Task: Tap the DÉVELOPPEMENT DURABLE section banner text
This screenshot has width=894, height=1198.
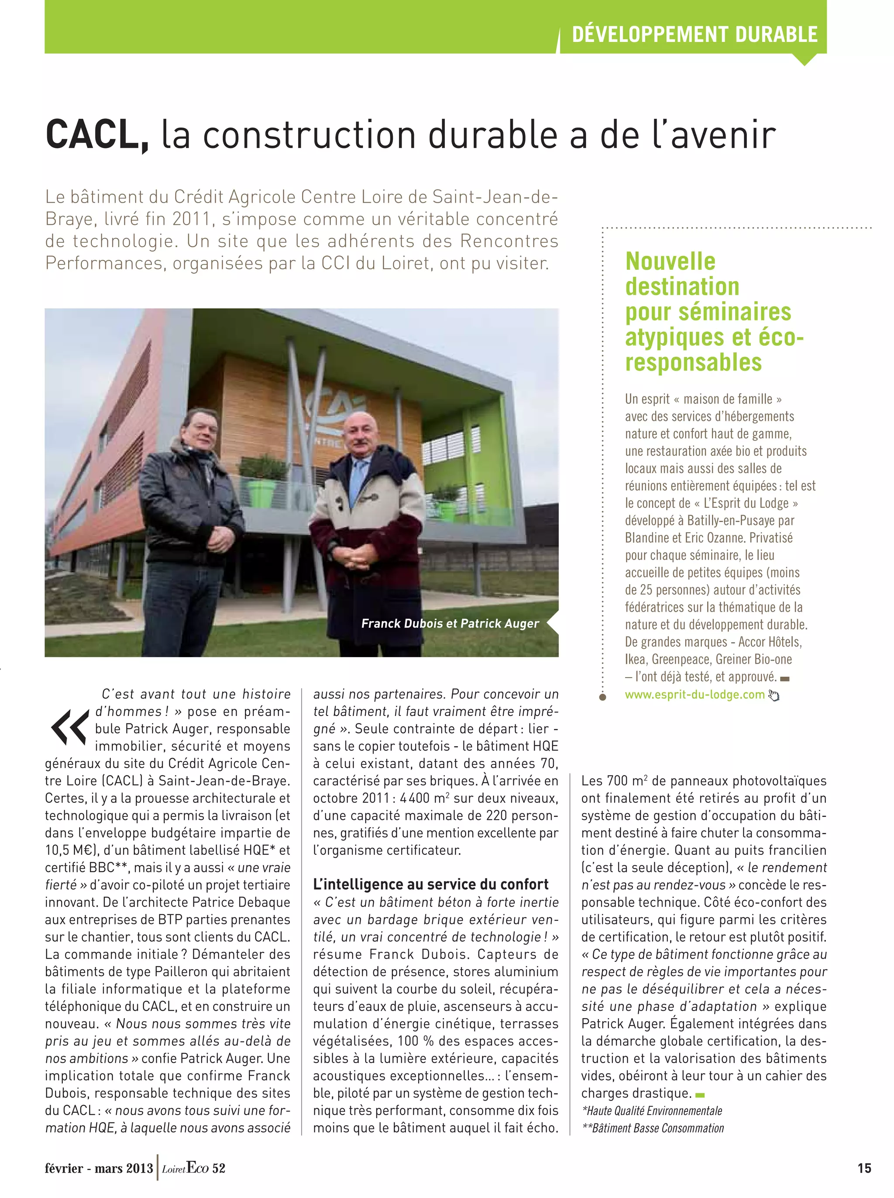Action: tap(695, 34)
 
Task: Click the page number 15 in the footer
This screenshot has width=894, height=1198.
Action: tap(864, 1168)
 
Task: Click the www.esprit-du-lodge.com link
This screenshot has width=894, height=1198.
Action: tap(695, 694)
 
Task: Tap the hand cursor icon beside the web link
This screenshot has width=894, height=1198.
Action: tap(774, 695)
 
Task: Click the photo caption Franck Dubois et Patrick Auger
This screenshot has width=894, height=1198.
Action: tap(450, 623)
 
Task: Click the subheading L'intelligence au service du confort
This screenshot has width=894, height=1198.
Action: tap(430, 884)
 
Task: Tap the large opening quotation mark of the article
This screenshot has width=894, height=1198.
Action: tap(69, 726)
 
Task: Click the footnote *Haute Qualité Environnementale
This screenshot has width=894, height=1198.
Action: tap(652, 1111)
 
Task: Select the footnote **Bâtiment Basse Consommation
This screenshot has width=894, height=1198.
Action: tap(652, 1128)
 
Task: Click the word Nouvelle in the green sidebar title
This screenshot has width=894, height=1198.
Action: tap(670, 262)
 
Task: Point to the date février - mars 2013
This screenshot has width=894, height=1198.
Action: tap(99, 1168)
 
